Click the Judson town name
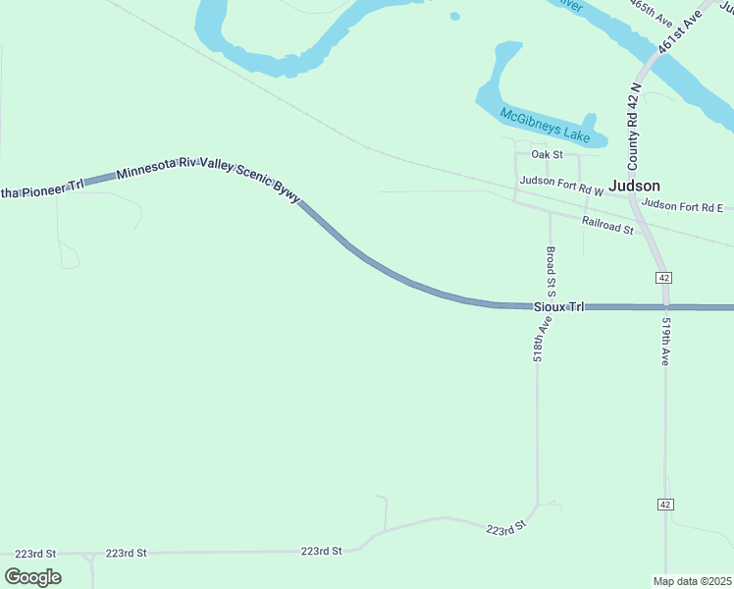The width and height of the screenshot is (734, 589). (x=634, y=186)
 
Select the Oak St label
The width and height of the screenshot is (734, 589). (x=547, y=155)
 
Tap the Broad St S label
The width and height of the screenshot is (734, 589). (x=550, y=272)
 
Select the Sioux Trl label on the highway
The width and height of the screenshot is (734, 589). (x=558, y=307)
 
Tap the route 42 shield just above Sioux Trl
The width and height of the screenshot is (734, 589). (x=664, y=278)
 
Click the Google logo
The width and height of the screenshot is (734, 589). (x=32, y=576)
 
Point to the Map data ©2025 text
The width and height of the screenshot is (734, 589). (x=692, y=581)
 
